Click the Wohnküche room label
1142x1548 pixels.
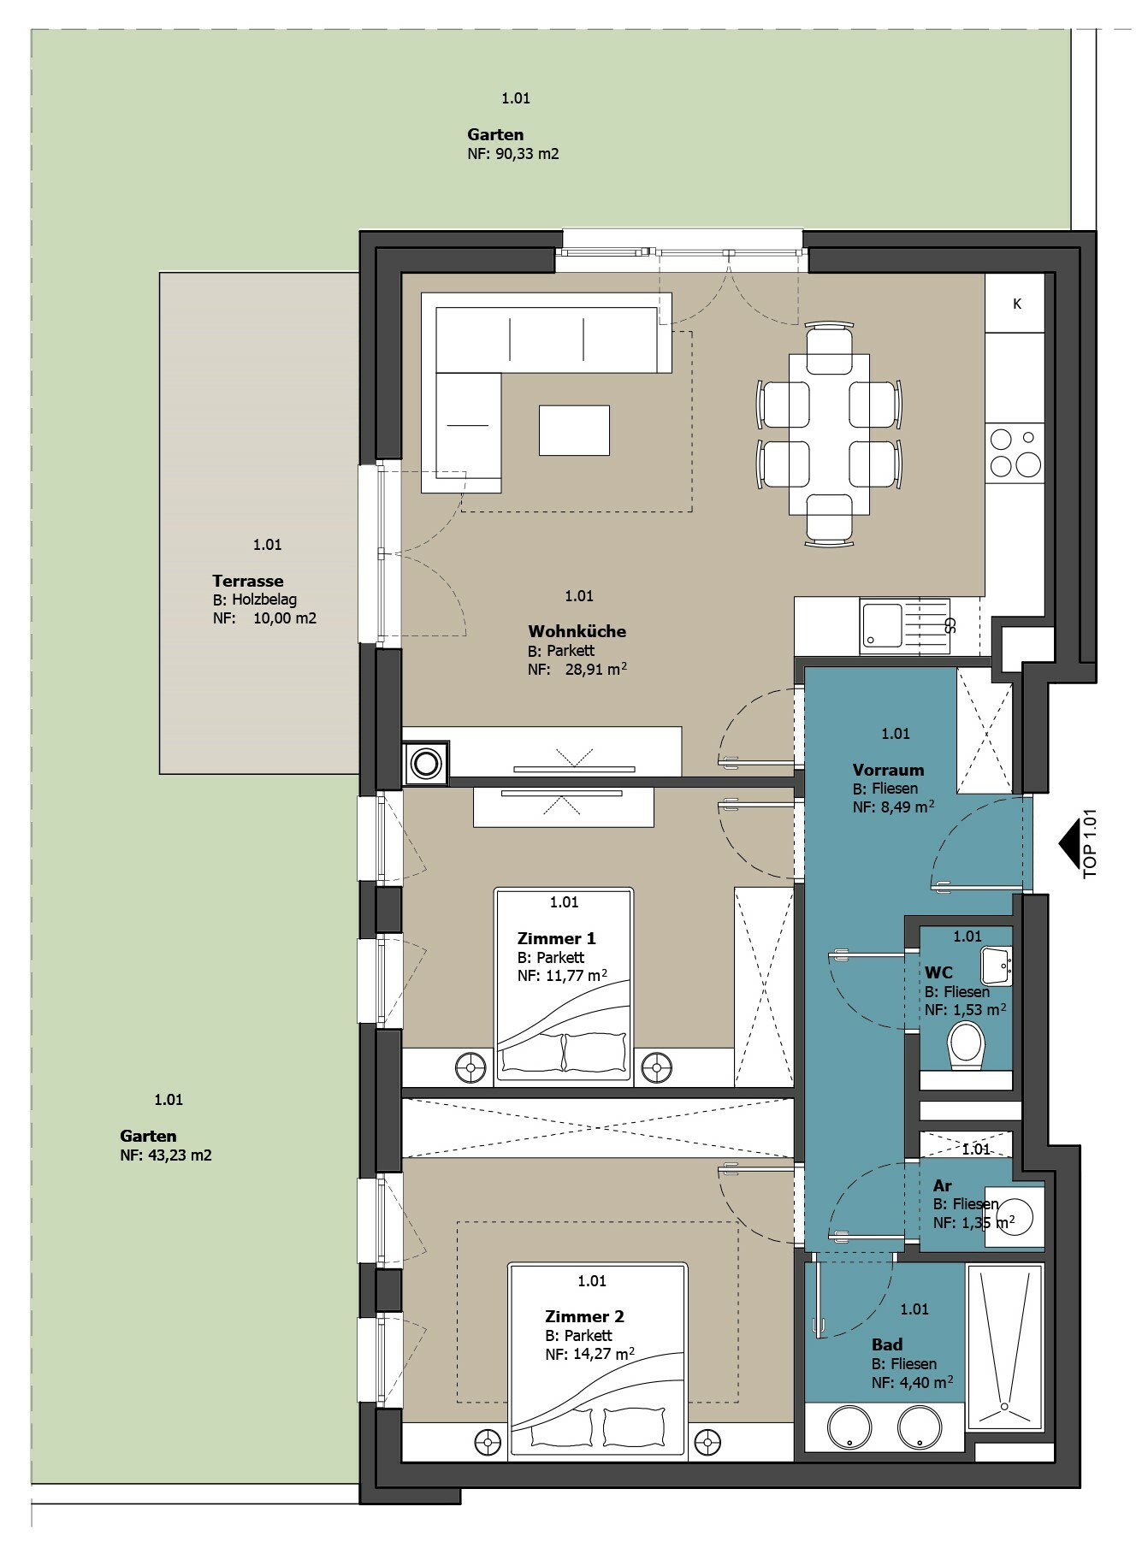pyautogui.click(x=577, y=631)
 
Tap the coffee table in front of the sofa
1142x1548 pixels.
pyautogui.click(x=574, y=430)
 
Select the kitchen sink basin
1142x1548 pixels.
pyautogui.click(x=881, y=626)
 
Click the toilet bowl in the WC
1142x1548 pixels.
pyautogui.click(x=967, y=1046)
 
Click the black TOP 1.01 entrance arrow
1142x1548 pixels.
pyautogui.click(x=1068, y=845)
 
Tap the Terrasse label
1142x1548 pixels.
pyautogui.click(x=248, y=581)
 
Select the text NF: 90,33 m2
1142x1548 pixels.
pyautogui.click(x=513, y=154)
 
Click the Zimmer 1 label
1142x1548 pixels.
pyautogui.click(x=556, y=938)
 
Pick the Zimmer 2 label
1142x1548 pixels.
pyautogui.click(x=584, y=1316)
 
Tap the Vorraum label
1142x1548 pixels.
pyautogui.click(x=888, y=770)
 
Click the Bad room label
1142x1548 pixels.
pyautogui.click(x=887, y=1344)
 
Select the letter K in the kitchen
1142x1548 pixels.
pyautogui.click(x=1017, y=304)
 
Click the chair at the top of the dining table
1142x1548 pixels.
pyautogui.click(x=829, y=346)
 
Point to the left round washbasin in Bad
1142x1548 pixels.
pyautogui.click(x=849, y=1428)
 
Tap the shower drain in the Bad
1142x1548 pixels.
pyautogui.click(x=1005, y=1406)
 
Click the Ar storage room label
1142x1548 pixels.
pyautogui.click(x=943, y=1185)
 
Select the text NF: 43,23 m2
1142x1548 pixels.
pyautogui.click(x=166, y=1155)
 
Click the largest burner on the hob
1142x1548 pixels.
pyautogui.click(x=1027, y=464)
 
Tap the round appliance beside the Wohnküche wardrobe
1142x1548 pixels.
pyautogui.click(x=425, y=761)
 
